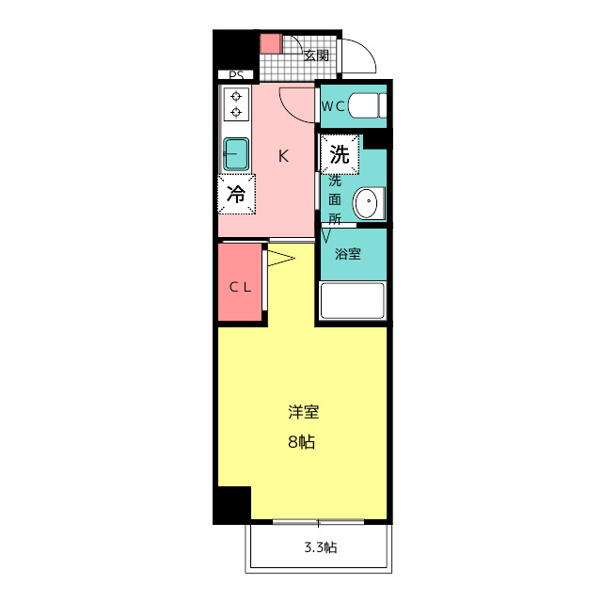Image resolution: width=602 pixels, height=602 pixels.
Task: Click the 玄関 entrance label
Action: (316, 55)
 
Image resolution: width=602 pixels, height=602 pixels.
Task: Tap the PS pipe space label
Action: (235, 75)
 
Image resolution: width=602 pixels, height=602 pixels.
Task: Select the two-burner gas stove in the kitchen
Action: (235, 103)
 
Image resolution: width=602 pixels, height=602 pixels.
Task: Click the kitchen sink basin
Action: (235, 152)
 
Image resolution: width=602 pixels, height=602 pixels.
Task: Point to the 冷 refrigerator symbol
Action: (236, 195)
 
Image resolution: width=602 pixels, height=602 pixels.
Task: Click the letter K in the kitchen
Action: (282, 157)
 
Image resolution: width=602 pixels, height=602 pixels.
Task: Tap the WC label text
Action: (333, 106)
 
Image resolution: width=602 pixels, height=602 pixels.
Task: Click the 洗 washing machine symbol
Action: (340, 154)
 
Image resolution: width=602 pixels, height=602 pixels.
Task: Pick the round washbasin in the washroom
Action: (368, 203)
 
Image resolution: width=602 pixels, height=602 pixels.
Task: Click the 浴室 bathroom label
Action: (348, 253)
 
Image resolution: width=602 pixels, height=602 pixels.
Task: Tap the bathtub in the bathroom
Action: (353, 301)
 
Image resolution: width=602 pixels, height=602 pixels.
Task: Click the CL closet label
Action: (241, 287)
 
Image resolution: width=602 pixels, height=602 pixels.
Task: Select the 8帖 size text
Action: (302, 442)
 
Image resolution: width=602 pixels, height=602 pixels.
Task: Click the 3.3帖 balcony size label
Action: (320, 548)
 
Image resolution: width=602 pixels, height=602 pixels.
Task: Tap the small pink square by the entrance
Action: (271, 42)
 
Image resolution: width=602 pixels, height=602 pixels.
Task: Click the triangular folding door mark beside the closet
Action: (281, 257)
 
